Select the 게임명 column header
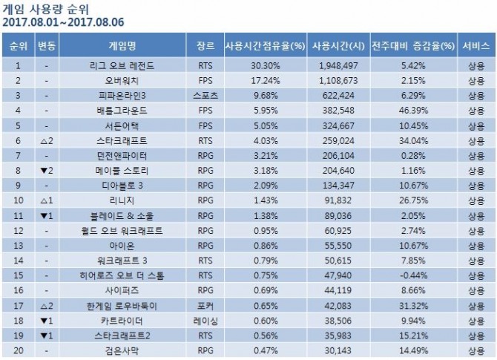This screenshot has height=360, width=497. click(x=121, y=44)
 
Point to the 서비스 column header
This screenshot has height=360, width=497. click(x=475, y=44)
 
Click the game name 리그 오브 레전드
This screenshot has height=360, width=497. click(x=122, y=65)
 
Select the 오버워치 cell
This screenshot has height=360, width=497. click(x=122, y=79)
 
